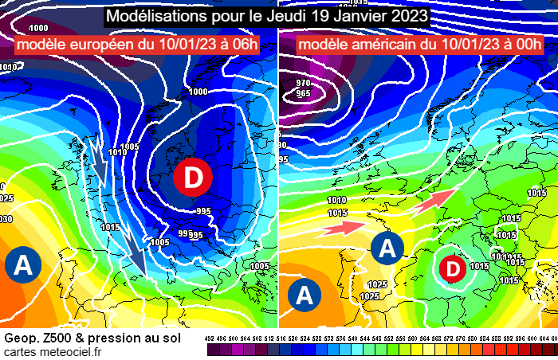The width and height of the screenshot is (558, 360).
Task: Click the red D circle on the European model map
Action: [x=192, y=178]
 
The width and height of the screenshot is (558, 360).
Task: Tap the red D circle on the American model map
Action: [x=452, y=269]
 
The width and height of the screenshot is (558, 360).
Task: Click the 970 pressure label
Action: [x=303, y=83]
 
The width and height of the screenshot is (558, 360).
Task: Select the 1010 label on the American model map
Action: [x=336, y=201]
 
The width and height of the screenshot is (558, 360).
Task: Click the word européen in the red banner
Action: [x=104, y=44]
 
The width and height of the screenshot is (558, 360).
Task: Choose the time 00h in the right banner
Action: [x=524, y=44]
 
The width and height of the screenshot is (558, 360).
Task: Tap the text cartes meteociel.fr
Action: [x=53, y=353]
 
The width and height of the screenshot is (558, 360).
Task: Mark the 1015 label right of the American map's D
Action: [x=479, y=266]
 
